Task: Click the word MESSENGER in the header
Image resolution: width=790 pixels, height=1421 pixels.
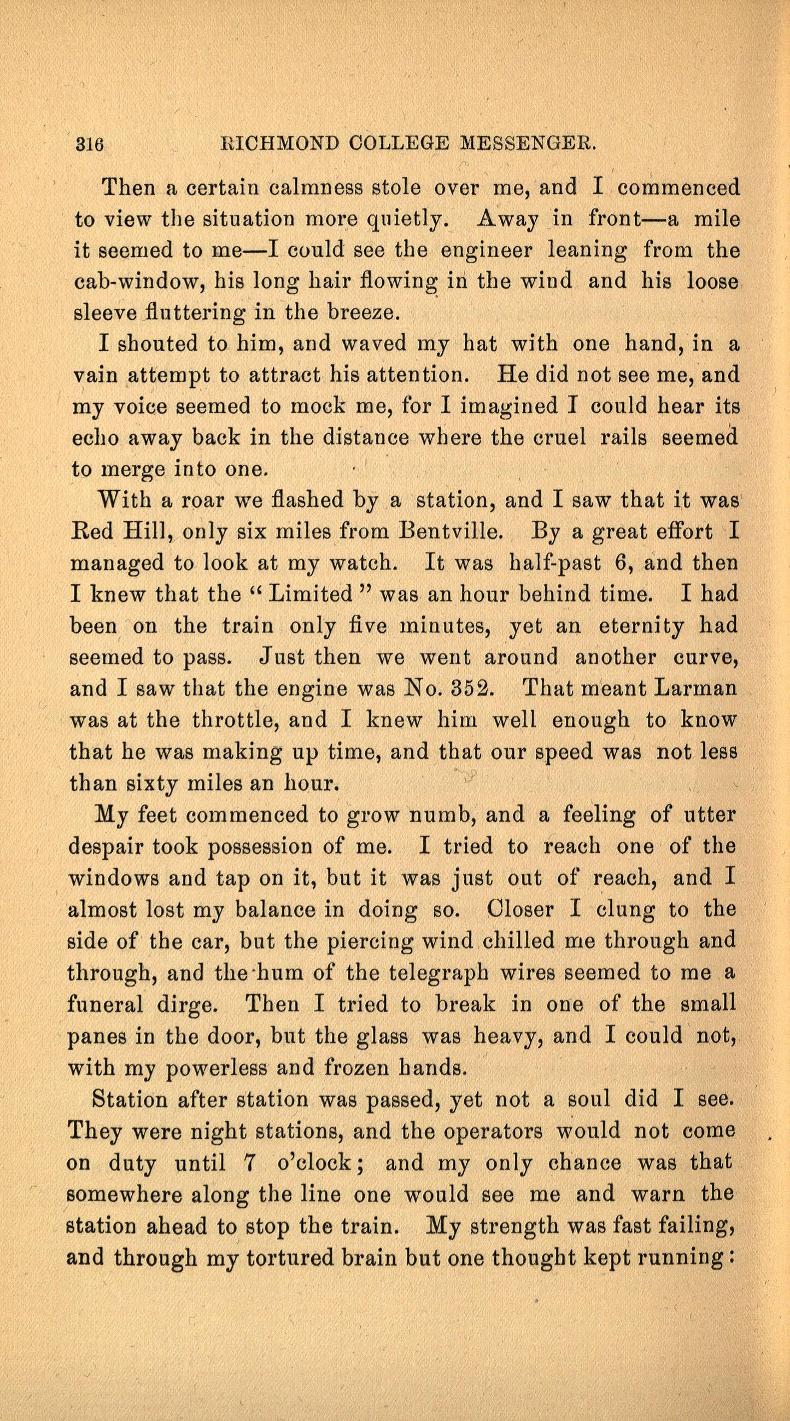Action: (x=528, y=144)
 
